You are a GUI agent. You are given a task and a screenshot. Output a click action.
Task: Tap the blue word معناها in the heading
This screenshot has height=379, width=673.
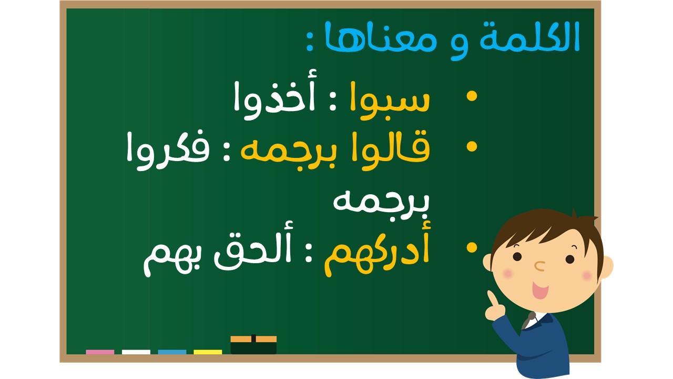tap(380, 37)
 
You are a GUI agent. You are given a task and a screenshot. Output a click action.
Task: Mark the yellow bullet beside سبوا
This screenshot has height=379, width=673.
tap(472, 96)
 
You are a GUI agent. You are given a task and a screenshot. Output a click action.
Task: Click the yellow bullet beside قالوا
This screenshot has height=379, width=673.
tap(472, 147)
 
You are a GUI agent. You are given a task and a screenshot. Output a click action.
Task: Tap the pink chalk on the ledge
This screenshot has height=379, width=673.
tap(100, 352)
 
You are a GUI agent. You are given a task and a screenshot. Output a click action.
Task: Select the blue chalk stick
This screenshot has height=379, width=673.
tap(172, 352)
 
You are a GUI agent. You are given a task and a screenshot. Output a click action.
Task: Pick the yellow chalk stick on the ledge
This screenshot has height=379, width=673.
tap(208, 352)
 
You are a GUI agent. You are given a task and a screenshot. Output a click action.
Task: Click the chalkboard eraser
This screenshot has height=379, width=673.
tap(253, 345)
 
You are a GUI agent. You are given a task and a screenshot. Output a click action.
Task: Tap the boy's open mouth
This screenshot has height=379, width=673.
tap(540, 290)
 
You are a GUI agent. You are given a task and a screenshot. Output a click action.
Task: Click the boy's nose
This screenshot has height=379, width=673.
tap(539, 266)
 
